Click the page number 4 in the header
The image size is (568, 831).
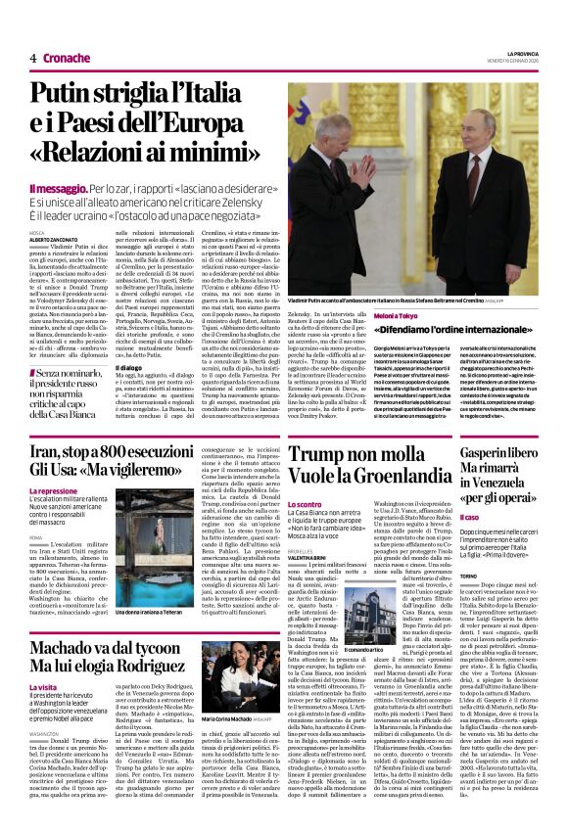click(x=32, y=58)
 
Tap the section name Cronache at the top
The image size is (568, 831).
click(x=66, y=58)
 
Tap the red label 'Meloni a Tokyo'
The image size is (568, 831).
click(x=399, y=315)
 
